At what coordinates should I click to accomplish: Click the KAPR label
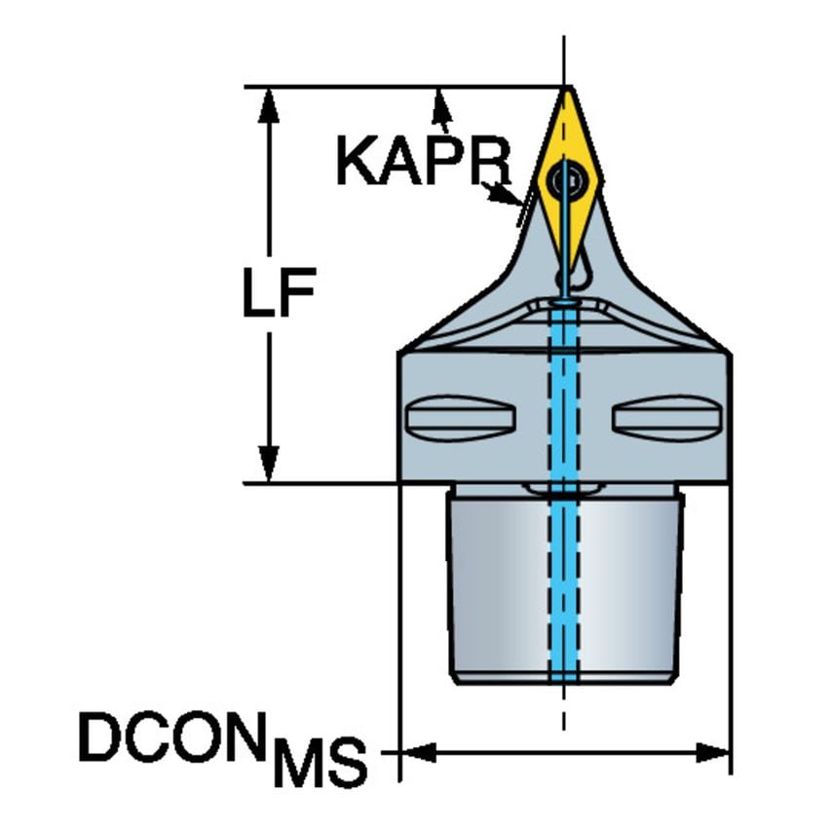click(x=424, y=160)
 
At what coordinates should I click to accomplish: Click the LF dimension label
click(x=280, y=292)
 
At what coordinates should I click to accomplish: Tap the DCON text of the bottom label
click(x=172, y=737)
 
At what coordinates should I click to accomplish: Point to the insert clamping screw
click(x=567, y=180)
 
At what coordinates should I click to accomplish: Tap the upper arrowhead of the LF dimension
click(x=269, y=105)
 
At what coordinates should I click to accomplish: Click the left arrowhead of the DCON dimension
click(x=417, y=752)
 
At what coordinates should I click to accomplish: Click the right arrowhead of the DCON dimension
click(x=712, y=752)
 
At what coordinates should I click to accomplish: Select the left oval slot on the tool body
click(x=460, y=418)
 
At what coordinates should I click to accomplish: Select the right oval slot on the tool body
click(x=667, y=418)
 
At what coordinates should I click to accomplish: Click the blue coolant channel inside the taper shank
click(x=563, y=584)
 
